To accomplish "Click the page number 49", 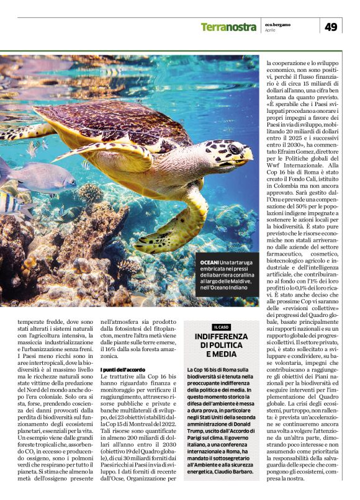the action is [x=330, y=26].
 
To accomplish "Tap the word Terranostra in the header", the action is [x=228, y=27].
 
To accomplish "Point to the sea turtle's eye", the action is [x=235, y=149].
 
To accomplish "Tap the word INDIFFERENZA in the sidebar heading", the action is [x=221, y=337].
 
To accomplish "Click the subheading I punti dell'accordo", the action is [x=124, y=370].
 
